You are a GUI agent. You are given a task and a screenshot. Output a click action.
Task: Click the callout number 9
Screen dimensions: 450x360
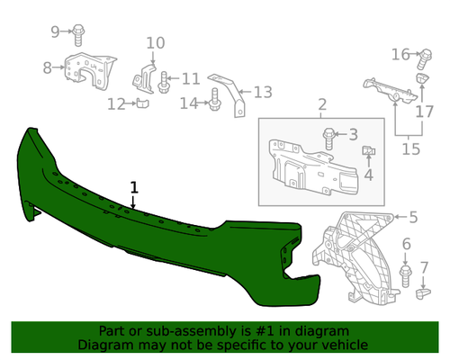(55, 31)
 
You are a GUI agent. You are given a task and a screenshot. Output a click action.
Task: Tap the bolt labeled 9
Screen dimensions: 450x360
(78, 35)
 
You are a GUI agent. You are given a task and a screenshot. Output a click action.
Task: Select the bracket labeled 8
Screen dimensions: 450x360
(91, 71)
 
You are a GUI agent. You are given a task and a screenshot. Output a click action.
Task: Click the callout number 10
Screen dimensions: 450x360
(156, 43)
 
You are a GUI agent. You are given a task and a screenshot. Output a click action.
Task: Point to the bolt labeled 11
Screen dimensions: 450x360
(163, 82)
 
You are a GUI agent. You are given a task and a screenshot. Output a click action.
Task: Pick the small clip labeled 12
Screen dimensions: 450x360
(143, 103)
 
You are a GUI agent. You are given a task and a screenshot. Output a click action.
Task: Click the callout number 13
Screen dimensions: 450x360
(263, 93)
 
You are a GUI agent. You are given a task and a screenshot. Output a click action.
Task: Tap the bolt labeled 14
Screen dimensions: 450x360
(214, 99)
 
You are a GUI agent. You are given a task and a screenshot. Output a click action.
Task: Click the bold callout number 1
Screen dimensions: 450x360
(134, 187)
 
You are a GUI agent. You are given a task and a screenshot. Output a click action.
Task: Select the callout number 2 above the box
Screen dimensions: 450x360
(322, 104)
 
